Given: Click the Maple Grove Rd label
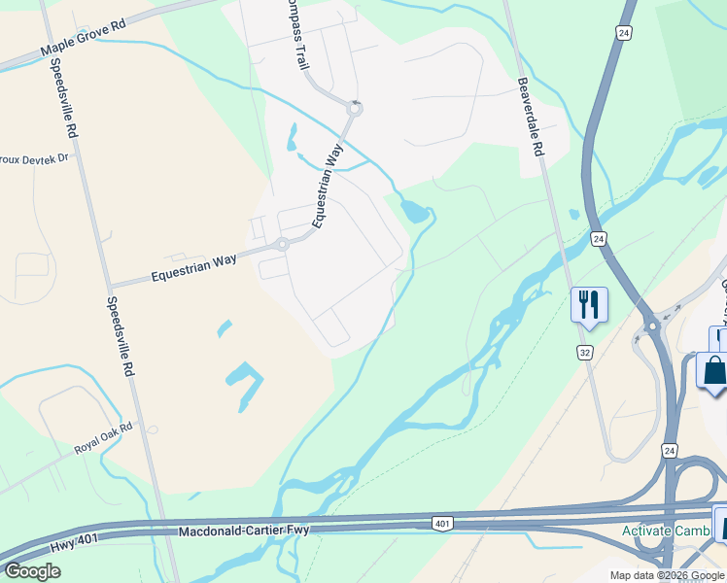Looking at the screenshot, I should (x=84, y=42).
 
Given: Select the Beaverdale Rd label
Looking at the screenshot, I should (x=530, y=118).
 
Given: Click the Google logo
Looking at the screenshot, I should (x=32, y=570).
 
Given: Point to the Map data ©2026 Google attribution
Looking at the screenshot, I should (x=667, y=575).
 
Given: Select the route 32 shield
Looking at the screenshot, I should (x=584, y=350).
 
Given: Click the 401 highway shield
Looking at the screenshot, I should (x=442, y=524).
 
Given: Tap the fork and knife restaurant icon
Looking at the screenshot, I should (x=589, y=303).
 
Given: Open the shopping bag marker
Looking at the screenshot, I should (x=714, y=372).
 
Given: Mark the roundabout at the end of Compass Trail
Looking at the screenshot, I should (x=354, y=109).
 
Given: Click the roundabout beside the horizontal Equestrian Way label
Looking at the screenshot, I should (x=282, y=244).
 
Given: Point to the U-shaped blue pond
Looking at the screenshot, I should (x=245, y=381).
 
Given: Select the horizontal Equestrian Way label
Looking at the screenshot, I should (x=193, y=268).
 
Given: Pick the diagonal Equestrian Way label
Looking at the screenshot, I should (x=328, y=186).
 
